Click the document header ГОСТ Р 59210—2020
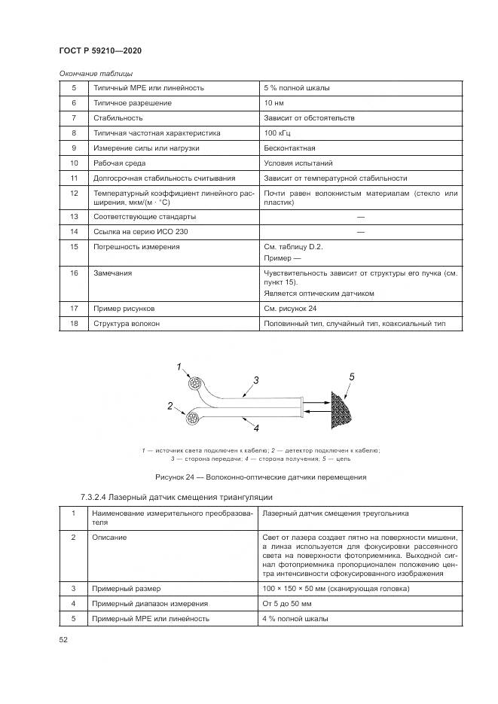click(x=100, y=50)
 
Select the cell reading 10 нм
click(x=273, y=103)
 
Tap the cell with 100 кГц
click(x=277, y=133)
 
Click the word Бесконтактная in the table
click(x=289, y=148)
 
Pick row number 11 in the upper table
click(x=74, y=178)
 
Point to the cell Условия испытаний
click(x=298, y=163)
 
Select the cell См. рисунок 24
click(x=290, y=309)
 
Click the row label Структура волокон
click(x=127, y=323)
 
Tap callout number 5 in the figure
click(x=352, y=376)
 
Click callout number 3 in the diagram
click(x=256, y=380)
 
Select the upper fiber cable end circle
click(x=195, y=384)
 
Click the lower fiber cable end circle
click(x=193, y=419)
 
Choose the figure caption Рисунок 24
click(x=261, y=477)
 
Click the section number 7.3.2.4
click(x=93, y=497)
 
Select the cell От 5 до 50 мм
click(x=287, y=603)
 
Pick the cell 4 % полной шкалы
click(x=295, y=619)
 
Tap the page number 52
click(x=63, y=639)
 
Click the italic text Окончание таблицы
click(x=96, y=74)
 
